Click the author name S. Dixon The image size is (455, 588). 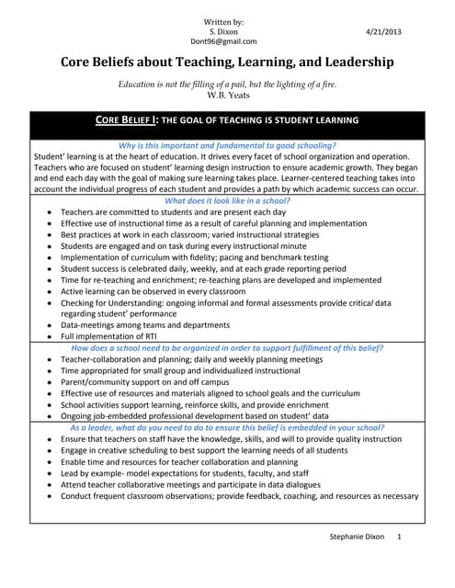pyautogui.click(x=227, y=30)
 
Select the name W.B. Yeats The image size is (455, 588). pyautogui.click(x=227, y=96)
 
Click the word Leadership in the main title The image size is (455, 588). pyautogui.click(x=349, y=63)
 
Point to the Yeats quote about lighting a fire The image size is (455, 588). pyautogui.click(x=227, y=84)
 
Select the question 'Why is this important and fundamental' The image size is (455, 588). pyautogui.click(x=227, y=146)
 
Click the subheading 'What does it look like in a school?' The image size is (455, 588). pyautogui.click(x=227, y=199)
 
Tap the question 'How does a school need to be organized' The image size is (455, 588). pyautogui.click(x=227, y=348)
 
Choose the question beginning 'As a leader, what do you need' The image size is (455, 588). pyautogui.click(x=227, y=428)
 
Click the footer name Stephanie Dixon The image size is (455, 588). pyautogui.click(x=361, y=560)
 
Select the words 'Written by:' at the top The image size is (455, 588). pyautogui.click(x=227, y=19)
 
